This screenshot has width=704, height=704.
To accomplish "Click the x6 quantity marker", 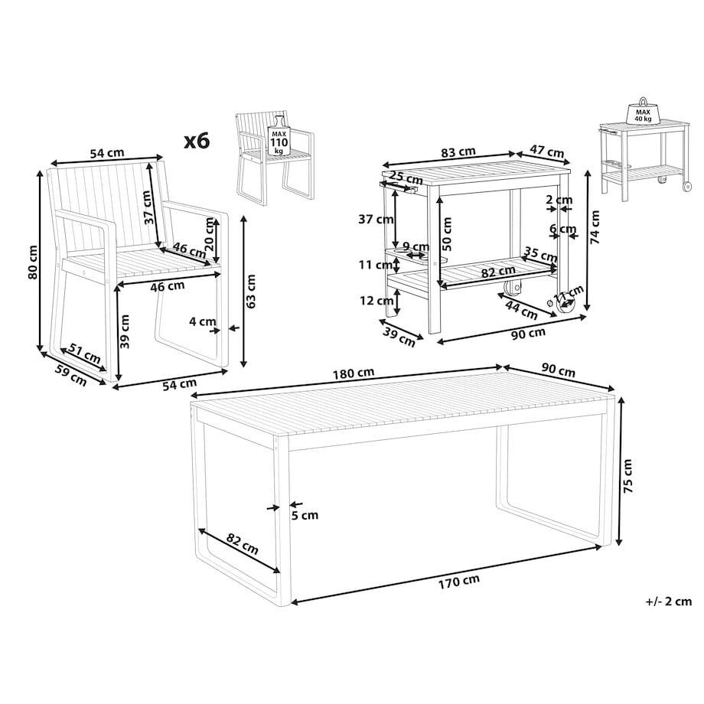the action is (197, 141).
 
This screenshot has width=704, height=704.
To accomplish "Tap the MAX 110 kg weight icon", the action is (279, 135).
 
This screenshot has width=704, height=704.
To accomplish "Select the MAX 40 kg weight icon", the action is (643, 110).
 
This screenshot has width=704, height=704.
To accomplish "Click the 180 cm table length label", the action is (354, 373).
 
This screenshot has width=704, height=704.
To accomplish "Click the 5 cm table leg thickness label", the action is (305, 515).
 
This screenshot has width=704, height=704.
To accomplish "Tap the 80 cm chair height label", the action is (32, 262).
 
